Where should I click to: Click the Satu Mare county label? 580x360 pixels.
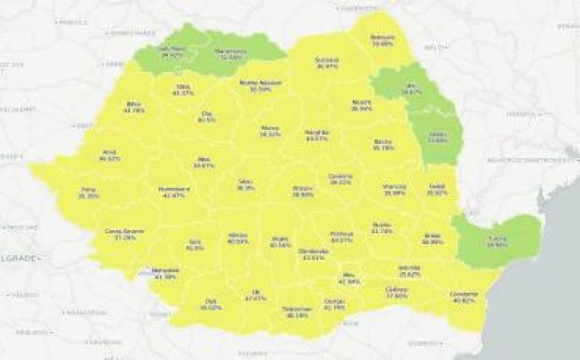point(171,52)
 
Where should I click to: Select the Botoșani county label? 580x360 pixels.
point(383,40)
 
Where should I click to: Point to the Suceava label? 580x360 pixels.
point(326,63)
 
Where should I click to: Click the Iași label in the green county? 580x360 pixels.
point(410,90)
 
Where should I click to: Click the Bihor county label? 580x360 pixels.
point(134,107)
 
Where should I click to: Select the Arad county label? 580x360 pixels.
point(109,155)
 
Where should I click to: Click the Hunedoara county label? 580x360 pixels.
point(174,192)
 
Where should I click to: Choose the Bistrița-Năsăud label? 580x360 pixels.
point(255,85)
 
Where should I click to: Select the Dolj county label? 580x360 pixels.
point(212,304)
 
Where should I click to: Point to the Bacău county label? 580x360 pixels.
point(383,145)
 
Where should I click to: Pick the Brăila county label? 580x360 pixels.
point(432,238)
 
